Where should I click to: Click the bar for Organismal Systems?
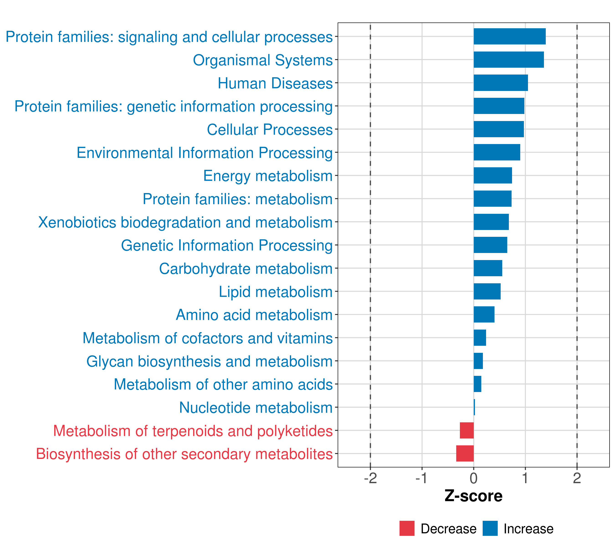508,60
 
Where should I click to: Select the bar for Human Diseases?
501,83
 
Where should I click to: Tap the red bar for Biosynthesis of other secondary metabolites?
465,453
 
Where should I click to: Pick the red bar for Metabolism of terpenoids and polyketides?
467,430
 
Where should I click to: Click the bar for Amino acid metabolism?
484,314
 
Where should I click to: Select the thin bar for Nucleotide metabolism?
474,407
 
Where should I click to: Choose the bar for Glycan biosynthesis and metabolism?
478,361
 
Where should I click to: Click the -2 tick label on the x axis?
370,478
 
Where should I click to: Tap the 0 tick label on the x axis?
474,478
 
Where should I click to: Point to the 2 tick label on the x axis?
577,478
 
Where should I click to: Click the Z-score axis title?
474,496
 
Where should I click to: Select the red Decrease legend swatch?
407,528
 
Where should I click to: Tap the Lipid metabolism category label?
276,292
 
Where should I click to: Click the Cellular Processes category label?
270,130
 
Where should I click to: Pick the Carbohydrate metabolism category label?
246,268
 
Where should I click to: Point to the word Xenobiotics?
77,222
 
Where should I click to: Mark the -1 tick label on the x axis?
422,478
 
